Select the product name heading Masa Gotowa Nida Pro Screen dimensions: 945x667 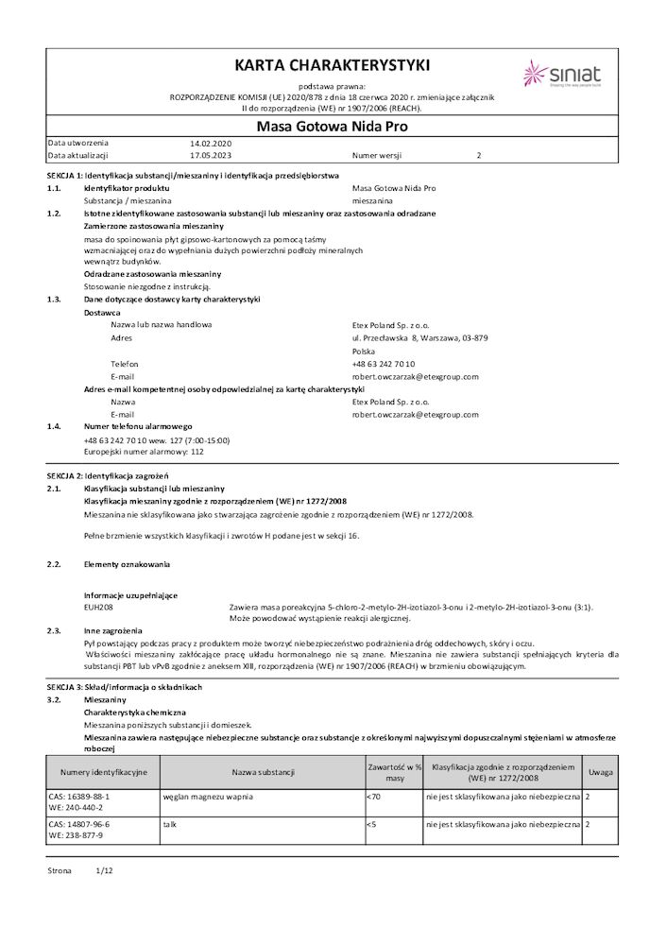click(333, 125)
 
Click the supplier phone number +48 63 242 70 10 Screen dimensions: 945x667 click(383, 364)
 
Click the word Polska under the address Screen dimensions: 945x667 click(364, 351)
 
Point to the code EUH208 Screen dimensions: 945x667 click(98, 607)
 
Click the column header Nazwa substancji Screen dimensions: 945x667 click(263, 772)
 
